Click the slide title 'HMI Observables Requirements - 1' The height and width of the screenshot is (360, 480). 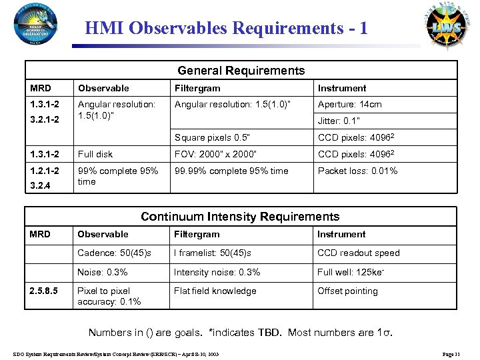tap(227, 29)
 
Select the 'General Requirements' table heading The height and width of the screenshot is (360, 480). tap(241, 71)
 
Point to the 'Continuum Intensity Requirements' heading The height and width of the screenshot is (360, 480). tap(240, 217)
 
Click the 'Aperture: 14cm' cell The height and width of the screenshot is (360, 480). tap(349, 105)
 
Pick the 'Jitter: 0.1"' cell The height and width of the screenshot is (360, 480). tap(339, 121)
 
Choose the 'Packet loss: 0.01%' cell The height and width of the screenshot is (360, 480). tap(357, 171)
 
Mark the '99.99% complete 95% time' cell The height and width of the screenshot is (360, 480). tap(231, 171)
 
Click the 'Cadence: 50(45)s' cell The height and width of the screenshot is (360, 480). tap(114, 253)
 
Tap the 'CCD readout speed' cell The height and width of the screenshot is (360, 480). tap(358, 253)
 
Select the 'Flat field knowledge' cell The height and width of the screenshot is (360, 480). tap(215, 291)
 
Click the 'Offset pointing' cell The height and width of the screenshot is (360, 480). tap(347, 291)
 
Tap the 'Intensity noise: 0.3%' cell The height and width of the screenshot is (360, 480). tap(217, 272)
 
